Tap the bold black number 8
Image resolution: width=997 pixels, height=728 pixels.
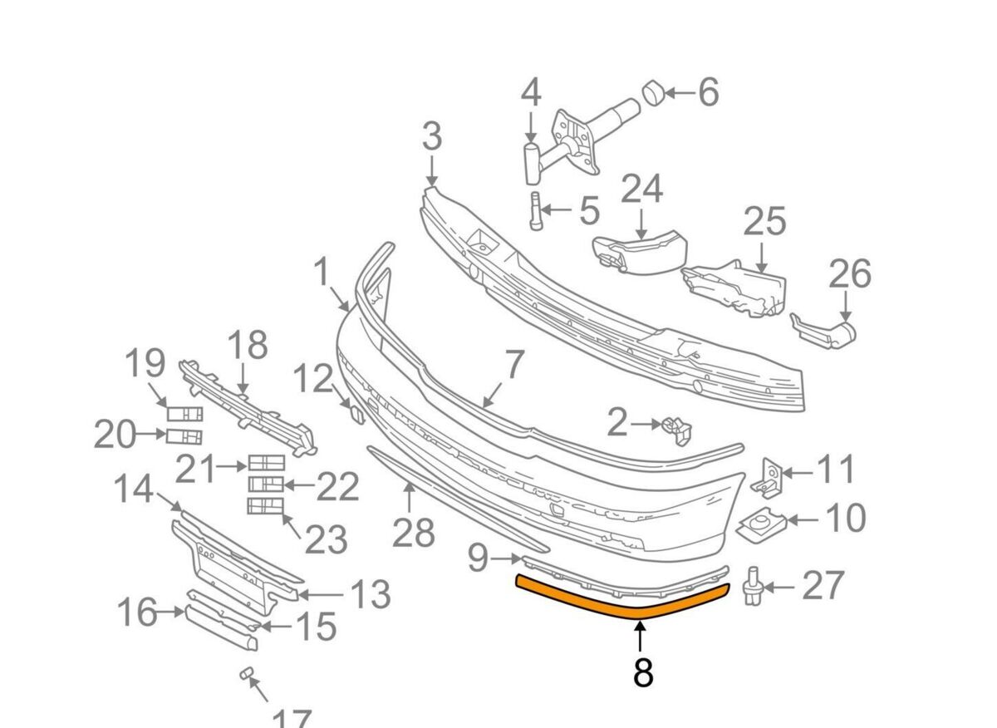(642, 672)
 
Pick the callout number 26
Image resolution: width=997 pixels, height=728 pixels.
(849, 274)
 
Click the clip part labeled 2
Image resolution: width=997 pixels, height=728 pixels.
(676, 427)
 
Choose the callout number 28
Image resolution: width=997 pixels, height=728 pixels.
(413, 533)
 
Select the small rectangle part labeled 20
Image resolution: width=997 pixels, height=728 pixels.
(184, 437)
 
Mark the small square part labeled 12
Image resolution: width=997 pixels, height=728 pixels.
(355, 413)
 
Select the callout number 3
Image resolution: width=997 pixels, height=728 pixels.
(431, 138)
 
